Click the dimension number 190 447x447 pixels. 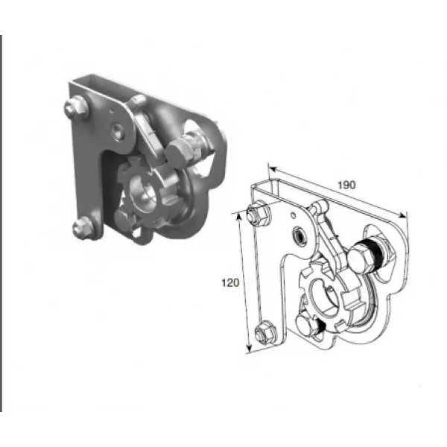coord(346,186)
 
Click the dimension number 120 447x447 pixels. coord(230,283)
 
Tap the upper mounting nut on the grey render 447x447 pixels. coord(76,108)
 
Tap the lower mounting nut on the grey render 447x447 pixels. coord(83,227)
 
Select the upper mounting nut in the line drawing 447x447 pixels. coord(259,212)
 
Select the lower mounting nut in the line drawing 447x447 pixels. coord(266,332)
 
